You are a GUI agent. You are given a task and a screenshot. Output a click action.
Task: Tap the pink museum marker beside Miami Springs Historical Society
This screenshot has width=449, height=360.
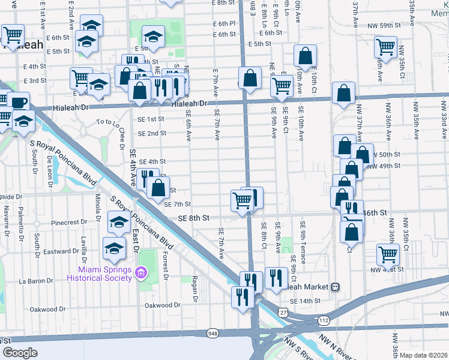coord(141,273)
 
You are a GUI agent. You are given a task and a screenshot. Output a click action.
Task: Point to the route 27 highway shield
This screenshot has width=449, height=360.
coord(283,312)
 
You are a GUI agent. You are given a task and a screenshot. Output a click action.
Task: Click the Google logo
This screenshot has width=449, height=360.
coord(20,353)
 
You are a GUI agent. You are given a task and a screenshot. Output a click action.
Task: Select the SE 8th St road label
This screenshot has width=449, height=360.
coord(193,218)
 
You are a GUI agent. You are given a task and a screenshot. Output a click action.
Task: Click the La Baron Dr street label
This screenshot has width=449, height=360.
coord(37,280)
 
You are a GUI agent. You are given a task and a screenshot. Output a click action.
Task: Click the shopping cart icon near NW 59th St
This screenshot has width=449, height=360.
coord(385,46)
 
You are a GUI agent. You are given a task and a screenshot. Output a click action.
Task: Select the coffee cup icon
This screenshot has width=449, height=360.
coord(18,102)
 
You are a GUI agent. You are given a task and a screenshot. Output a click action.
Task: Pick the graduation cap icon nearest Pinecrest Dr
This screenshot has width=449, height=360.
coord(119,222)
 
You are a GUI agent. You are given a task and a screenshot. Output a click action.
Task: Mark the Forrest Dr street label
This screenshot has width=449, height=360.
coord(165,265)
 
